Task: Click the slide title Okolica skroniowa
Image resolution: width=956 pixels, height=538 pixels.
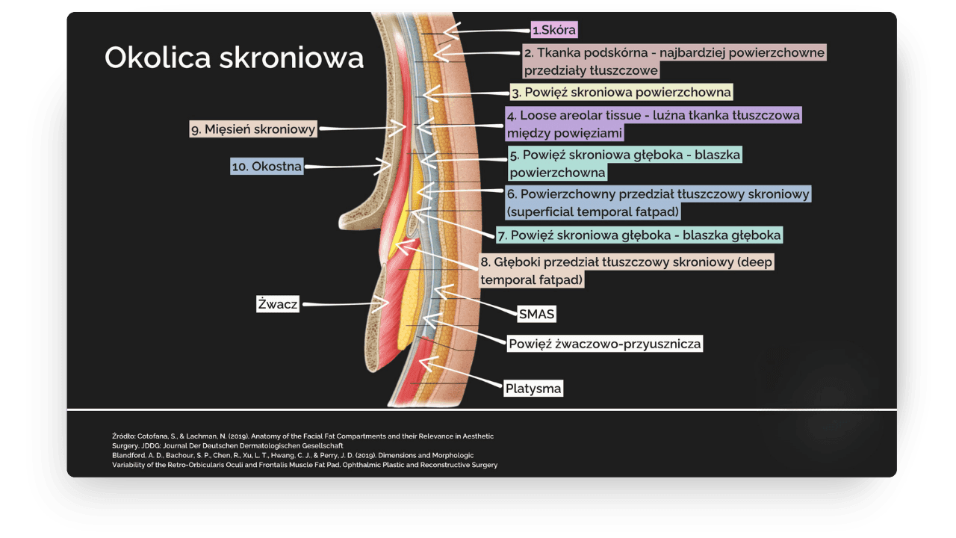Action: [234, 58]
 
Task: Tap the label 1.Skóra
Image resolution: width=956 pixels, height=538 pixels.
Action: [554, 30]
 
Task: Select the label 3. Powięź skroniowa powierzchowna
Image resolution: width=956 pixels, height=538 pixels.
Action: [621, 92]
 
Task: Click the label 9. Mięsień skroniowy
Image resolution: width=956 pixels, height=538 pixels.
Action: [253, 129]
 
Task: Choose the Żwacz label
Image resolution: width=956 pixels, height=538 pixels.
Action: [277, 304]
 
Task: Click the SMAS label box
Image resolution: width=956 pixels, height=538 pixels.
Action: [536, 314]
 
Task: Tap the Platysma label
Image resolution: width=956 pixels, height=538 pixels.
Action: [533, 389]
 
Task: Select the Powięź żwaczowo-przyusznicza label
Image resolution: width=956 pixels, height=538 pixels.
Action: [604, 344]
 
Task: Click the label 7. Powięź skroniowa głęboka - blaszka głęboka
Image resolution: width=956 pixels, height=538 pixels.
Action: [639, 235]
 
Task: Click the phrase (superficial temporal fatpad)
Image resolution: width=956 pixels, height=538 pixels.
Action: [593, 211]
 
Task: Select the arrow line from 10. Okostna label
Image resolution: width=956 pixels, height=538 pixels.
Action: [344, 166]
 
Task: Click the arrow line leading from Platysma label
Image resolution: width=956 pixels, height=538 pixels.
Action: [463, 376]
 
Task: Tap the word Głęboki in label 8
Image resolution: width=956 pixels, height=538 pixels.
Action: [515, 263]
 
